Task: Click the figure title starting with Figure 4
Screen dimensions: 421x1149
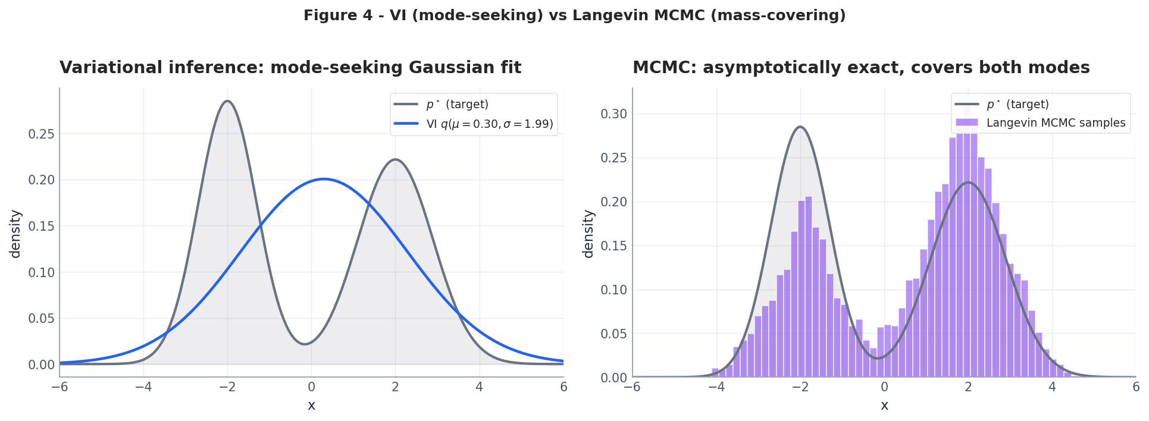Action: [x=574, y=15]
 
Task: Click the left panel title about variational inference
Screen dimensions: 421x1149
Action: [x=290, y=68]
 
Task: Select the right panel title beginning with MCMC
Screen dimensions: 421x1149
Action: [x=861, y=68]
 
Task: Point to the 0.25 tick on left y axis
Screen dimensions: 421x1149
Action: [x=41, y=134]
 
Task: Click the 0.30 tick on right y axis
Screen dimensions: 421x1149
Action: [x=613, y=114]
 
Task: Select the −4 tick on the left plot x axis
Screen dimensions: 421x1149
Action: [x=143, y=387]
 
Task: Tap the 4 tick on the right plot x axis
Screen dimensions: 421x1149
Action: [x=1052, y=387]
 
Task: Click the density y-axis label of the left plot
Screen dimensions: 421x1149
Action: [x=15, y=234]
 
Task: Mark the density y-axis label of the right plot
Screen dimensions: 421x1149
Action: [x=588, y=234]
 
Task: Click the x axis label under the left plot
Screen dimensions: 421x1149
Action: [x=311, y=406]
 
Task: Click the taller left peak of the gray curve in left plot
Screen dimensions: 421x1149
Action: [x=227, y=101]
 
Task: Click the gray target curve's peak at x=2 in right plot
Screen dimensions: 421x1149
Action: [x=968, y=183]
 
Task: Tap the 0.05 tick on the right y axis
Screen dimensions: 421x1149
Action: [x=613, y=334]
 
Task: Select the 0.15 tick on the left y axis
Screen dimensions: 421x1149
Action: [x=41, y=227]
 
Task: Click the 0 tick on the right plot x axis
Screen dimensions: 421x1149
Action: [x=884, y=387]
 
